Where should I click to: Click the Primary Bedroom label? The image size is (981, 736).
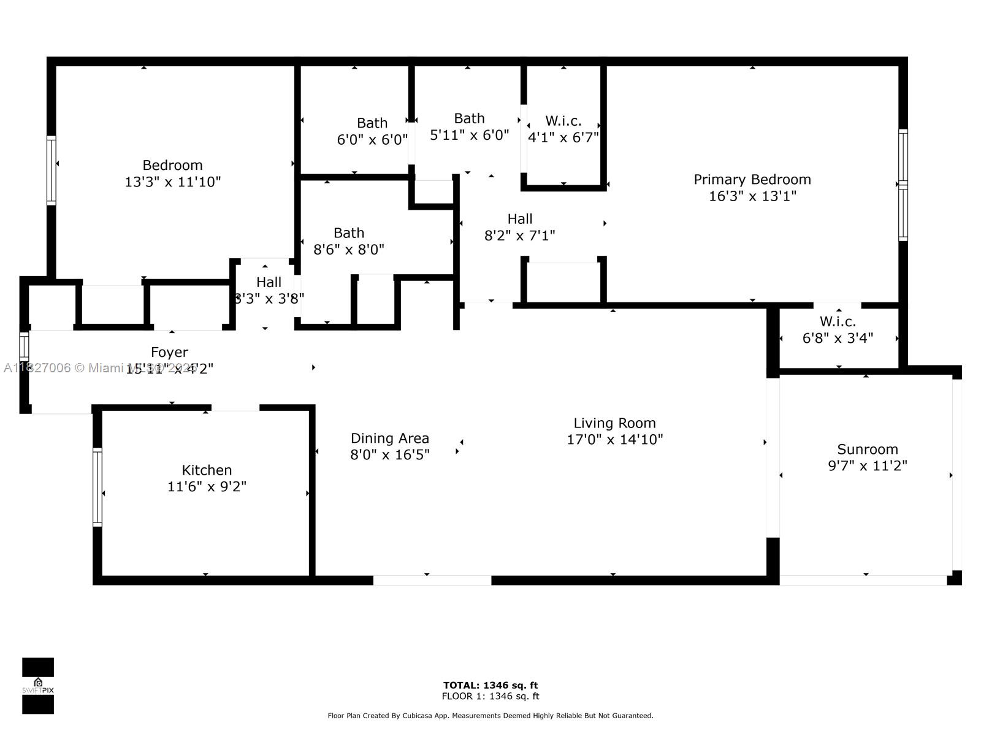click(752, 180)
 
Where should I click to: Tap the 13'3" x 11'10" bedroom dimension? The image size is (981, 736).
click(172, 182)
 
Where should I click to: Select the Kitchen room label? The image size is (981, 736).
click(207, 470)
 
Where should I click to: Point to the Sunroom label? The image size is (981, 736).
click(868, 450)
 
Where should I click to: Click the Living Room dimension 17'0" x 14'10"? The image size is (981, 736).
click(615, 440)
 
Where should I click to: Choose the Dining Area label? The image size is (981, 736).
click(390, 439)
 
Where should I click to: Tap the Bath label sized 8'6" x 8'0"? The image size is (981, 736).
click(349, 233)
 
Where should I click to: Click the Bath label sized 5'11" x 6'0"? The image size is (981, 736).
click(469, 118)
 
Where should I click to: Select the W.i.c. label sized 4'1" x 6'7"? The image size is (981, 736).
click(563, 121)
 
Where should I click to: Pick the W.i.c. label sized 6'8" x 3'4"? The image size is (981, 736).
click(838, 322)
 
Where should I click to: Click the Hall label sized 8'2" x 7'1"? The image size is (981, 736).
click(520, 219)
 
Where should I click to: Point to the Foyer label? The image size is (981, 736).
click(169, 353)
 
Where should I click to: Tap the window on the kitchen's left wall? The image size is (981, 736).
click(97, 487)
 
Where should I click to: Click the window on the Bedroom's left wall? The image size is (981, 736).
click(52, 170)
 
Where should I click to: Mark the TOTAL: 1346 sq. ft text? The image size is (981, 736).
click(490, 685)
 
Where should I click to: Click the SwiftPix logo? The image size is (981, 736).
click(38, 686)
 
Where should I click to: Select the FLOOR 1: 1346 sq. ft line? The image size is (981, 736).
click(490, 696)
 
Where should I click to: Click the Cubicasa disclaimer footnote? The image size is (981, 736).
click(490, 716)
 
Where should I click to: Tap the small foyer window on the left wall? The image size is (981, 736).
click(24, 347)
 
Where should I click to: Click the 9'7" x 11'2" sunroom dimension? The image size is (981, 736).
click(868, 466)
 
